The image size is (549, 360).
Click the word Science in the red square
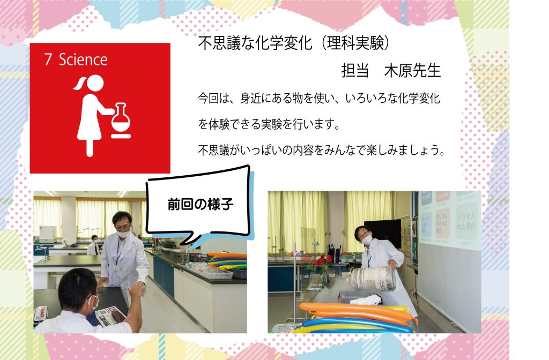pyautogui.click(x=83, y=59)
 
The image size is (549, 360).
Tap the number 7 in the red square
pyautogui.click(x=48, y=59)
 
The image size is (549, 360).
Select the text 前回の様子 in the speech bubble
pyautogui.click(x=201, y=204)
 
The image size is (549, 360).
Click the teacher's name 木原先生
pyautogui.click(x=412, y=71)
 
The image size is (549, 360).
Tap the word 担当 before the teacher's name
pyautogui.click(x=355, y=71)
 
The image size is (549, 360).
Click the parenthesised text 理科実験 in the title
pyautogui.click(x=356, y=43)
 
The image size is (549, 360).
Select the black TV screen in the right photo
pyautogui.click(x=383, y=232)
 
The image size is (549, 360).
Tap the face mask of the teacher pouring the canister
pyautogui.click(x=367, y=239)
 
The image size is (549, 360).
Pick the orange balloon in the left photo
pyautogui.click(x=227, y=256)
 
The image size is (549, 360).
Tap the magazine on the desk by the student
pyautogui.click(x=110, y=316)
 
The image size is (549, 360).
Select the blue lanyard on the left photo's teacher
pyautogui.click(x=118, y=252)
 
